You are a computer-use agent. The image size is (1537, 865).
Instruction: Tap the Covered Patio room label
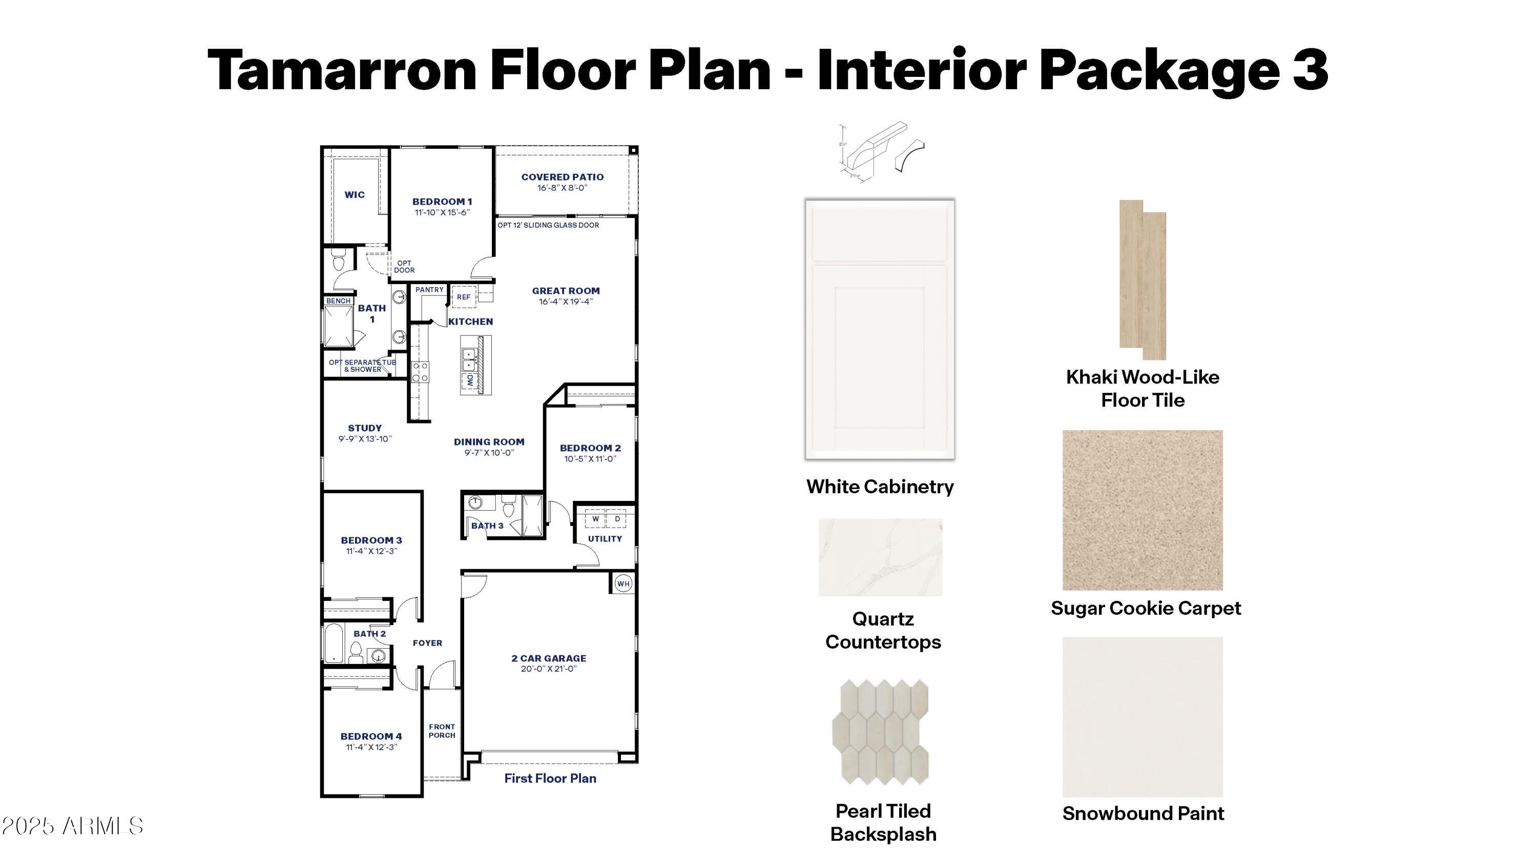tap(562, 177)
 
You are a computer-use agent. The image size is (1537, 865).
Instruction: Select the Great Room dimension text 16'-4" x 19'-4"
tap(566, 302)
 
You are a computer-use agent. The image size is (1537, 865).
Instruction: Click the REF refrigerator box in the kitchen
tap(464, 297)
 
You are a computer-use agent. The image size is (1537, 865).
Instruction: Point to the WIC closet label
tap(355, 195)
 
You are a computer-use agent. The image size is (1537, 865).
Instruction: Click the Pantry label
tap(430, 290)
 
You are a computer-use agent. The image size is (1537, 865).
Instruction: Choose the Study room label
tap(365, 428)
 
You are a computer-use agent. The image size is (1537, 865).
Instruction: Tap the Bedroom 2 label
tap(590, 448)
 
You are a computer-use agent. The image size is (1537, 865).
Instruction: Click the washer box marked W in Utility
tap(595, 519)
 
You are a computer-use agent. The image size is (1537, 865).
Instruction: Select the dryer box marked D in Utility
tap(617, 519)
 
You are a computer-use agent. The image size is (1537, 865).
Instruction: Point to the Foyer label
tap(427, 643)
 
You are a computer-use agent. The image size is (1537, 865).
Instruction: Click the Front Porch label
tap(442, 731)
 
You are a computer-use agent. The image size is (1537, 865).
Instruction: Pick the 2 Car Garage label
tap(548, 658)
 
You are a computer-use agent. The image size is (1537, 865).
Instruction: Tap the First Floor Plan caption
tap(550, 778)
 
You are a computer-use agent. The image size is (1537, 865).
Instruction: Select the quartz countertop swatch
tap(880, 557)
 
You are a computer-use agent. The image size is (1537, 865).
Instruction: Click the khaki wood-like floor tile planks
tap(1143, 280)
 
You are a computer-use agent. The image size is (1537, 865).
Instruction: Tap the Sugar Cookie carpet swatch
tap(1142, 510)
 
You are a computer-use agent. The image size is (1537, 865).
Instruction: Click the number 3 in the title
tap(1310, 70)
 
